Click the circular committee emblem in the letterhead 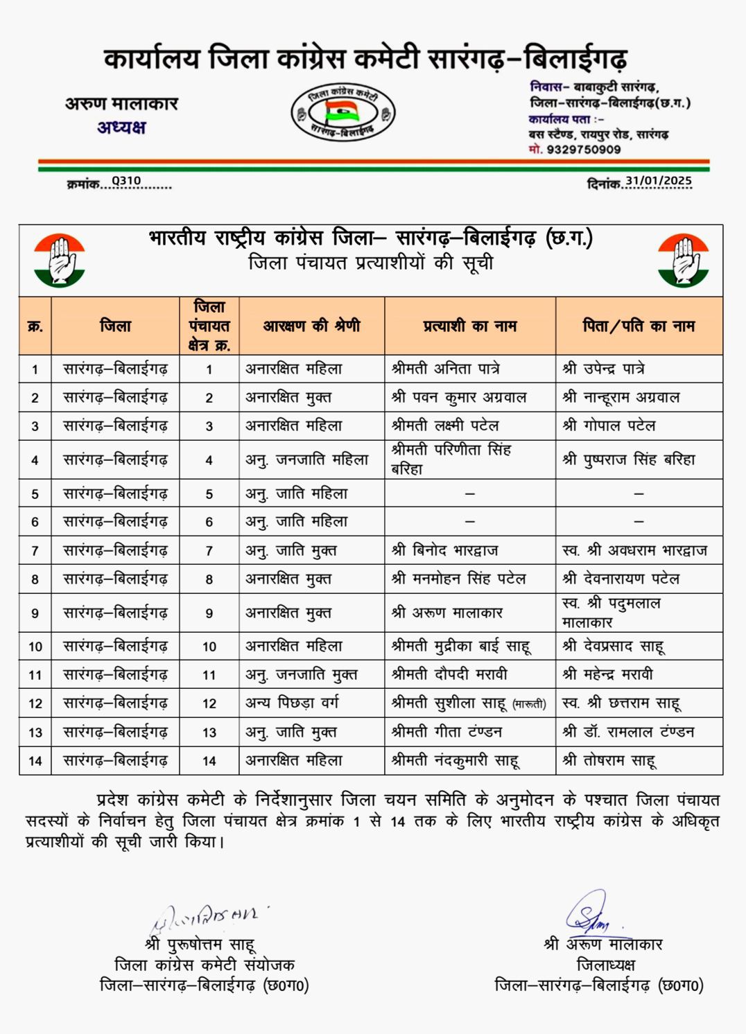point(342,113)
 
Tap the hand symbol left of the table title point(59,261)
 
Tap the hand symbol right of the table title point(683,261)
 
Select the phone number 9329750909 point(583,150)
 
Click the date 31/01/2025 point(658,181)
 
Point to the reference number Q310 point(126,181)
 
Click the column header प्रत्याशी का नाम point(470,326)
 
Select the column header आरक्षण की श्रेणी point(311,326)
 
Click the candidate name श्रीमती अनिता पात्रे point(445,369)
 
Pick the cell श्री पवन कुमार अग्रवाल point(458,397)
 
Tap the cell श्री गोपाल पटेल point(609,426)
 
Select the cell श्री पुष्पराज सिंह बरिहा point(628,459)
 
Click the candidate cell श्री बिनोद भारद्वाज point(444,550)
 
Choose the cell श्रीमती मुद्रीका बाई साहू point(460,646)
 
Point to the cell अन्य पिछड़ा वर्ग point(292,703)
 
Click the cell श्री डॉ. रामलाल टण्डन point(628,731)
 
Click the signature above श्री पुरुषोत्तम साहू point(205,918)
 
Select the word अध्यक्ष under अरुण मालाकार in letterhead point(121,128)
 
